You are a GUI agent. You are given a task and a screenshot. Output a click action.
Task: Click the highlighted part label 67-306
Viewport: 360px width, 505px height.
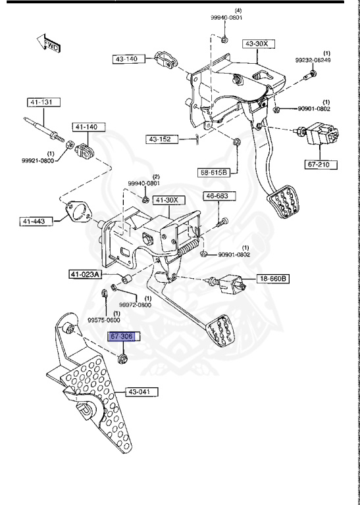point(122,337)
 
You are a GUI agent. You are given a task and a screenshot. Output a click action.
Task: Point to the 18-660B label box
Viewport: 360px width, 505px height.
point(272,278)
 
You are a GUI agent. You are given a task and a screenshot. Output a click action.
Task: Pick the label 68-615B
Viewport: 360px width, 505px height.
point(214,172)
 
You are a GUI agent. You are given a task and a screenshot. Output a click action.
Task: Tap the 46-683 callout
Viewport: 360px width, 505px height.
point(217,196)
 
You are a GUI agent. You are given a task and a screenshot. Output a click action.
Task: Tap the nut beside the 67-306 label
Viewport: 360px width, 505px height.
point(122,358)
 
